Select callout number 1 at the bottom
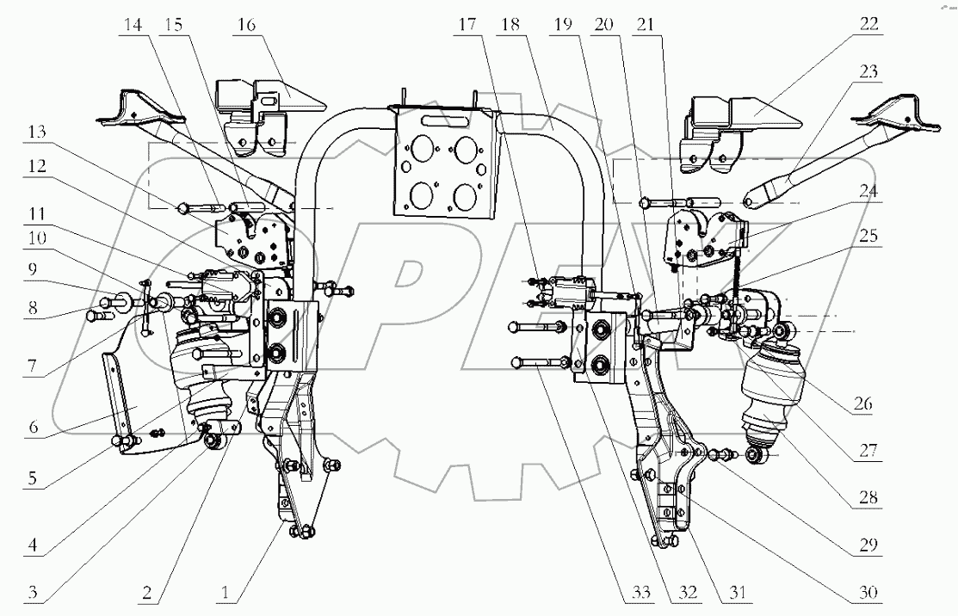[x=226, y=594]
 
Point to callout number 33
[x=638, y=594]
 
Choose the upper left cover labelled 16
[x=258, y=103]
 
